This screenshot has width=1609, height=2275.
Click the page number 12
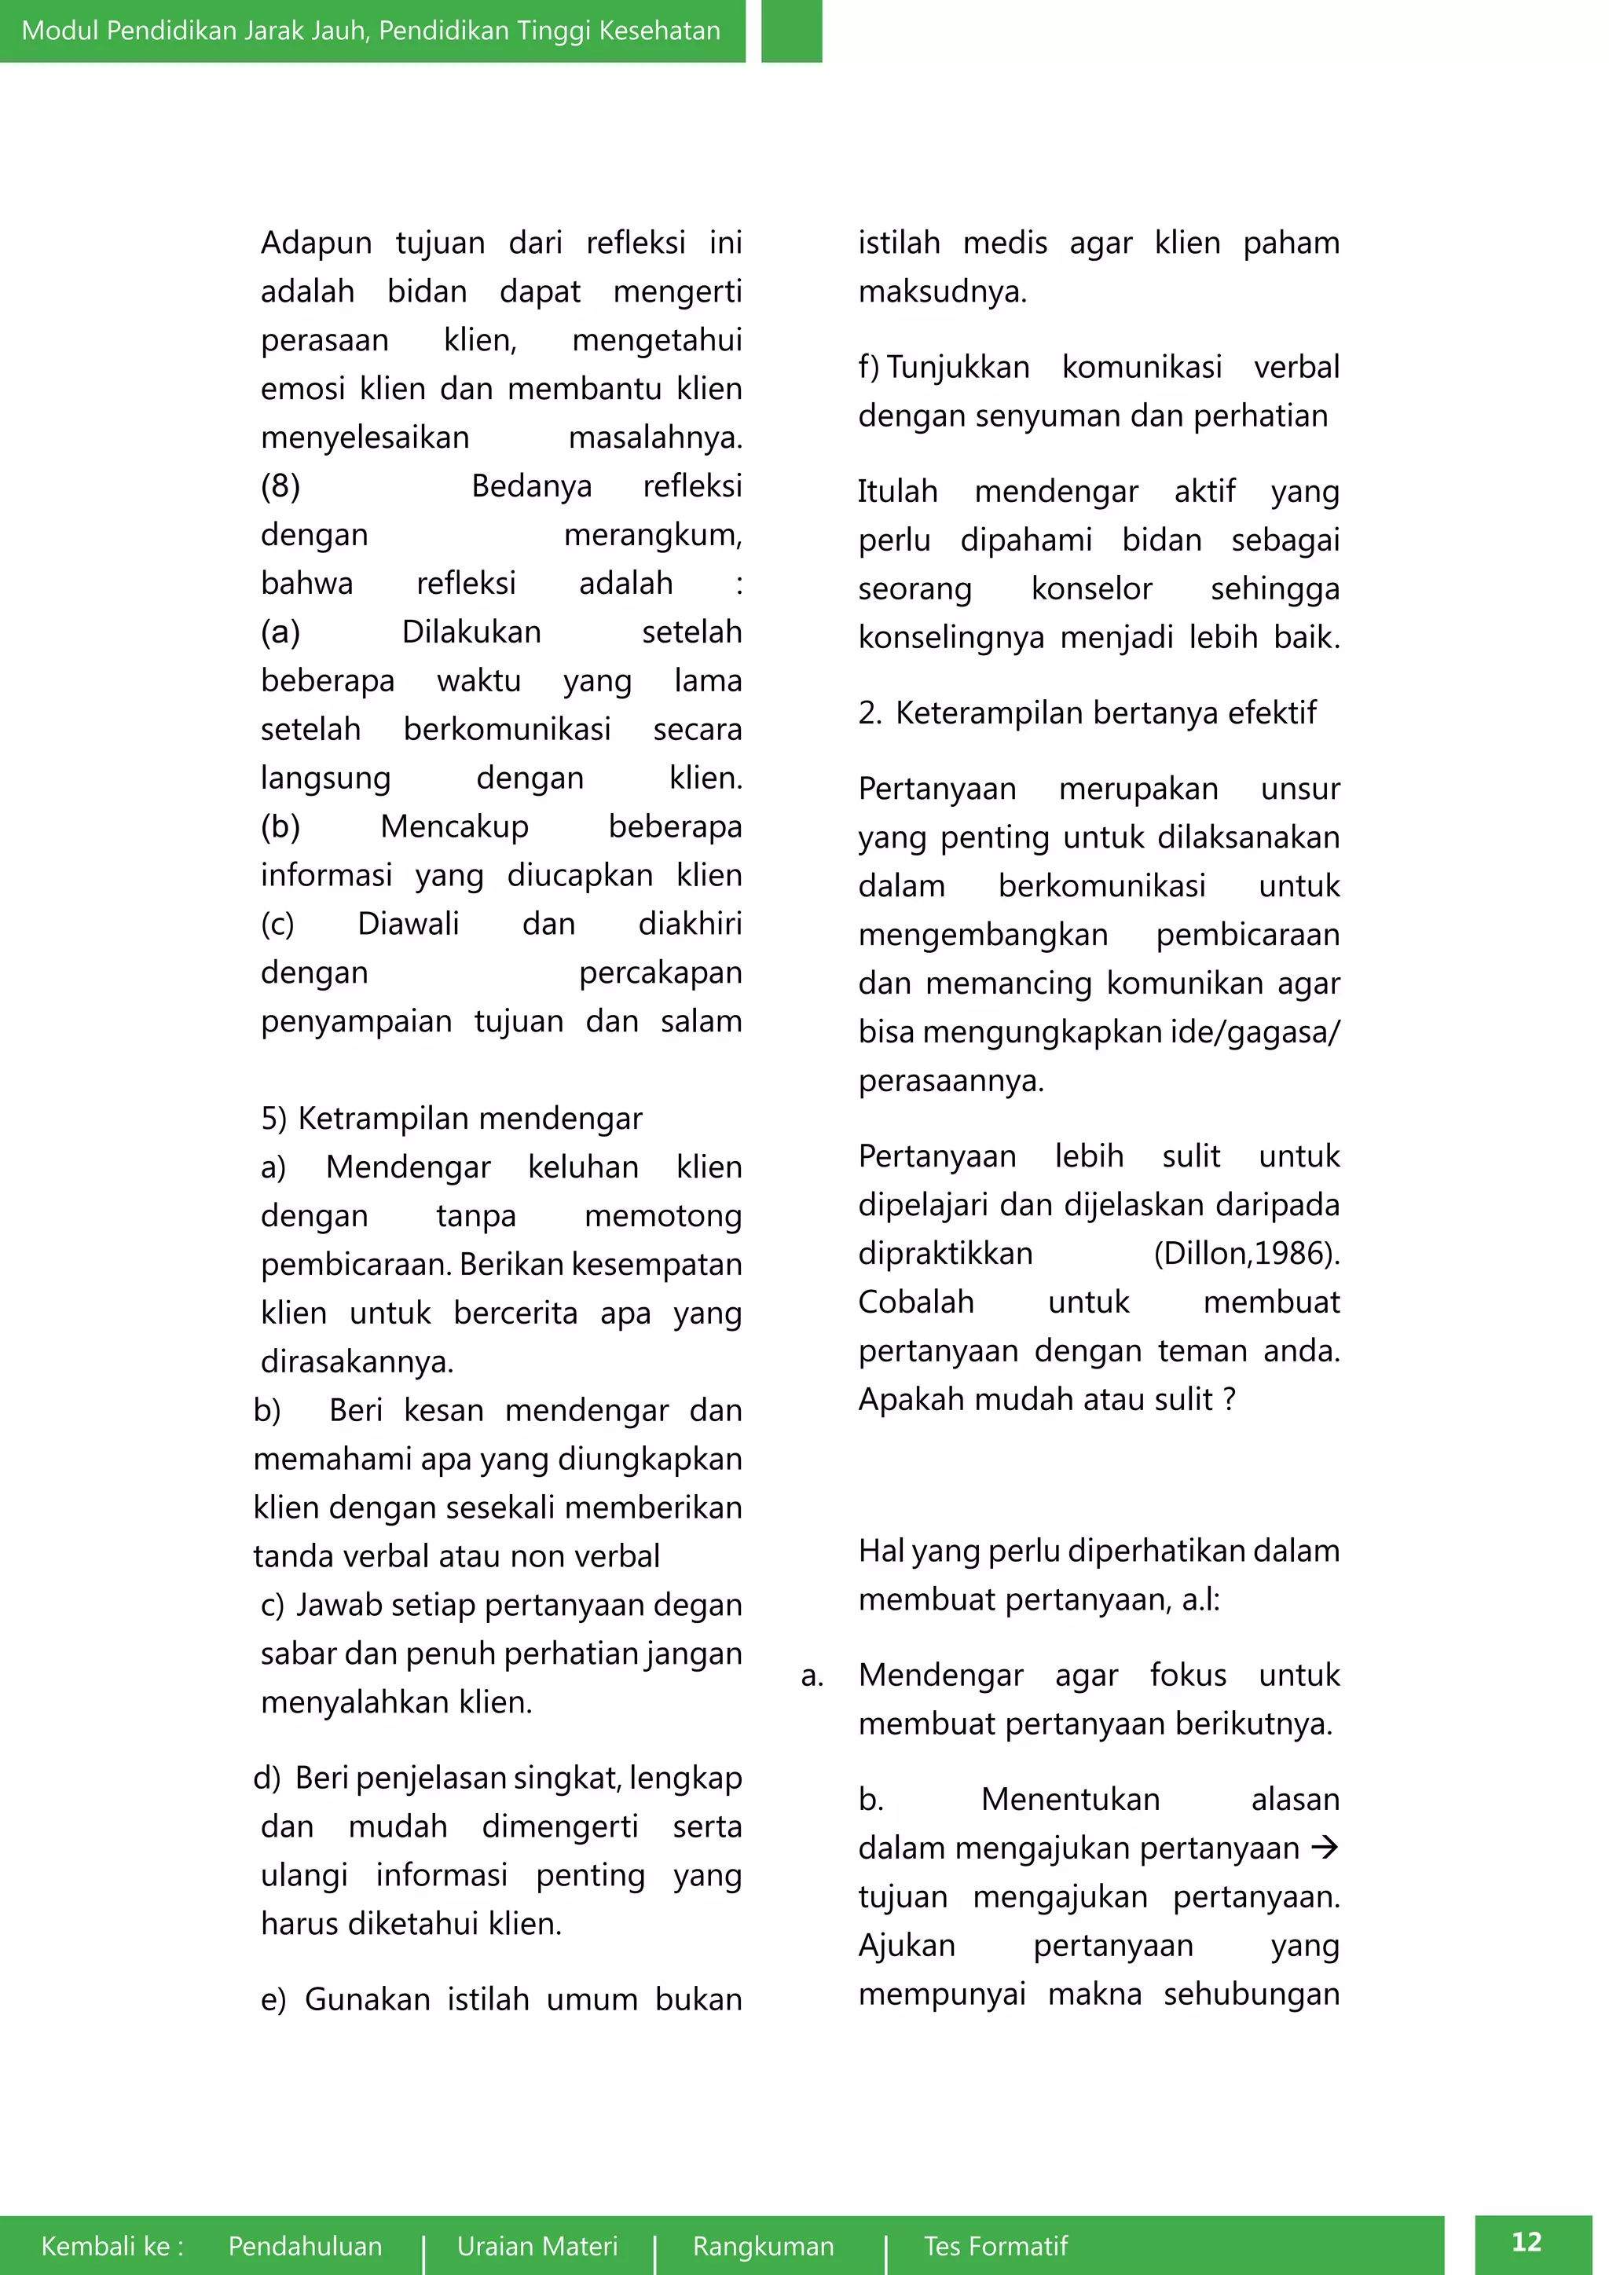point(1526,2241)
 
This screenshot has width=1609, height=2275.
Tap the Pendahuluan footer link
point(305,2245)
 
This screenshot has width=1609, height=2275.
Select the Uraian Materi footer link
point(537,2245)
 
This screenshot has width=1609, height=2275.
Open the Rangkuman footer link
point(763,2245)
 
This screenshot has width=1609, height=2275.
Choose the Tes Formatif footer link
point(995,2245)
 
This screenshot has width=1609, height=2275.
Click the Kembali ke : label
point(112,2245)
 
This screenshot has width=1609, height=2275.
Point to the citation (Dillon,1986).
point(1246,1254)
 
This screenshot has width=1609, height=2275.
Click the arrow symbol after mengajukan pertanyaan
point(1324,1847)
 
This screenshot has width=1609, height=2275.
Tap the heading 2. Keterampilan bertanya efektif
point(1087,713)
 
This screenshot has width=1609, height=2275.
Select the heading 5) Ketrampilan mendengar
point(452,1118)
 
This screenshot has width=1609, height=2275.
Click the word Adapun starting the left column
point(316,243)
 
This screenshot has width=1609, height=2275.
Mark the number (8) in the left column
point(280,485)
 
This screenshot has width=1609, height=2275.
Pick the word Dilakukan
point(471,631)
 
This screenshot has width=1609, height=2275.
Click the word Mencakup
point(455,826)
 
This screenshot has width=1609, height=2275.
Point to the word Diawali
point(409,922)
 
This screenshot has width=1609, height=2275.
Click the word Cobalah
point(917,1301)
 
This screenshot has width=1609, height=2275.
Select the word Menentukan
point(1070,1798)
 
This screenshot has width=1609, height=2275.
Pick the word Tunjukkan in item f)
point(958,367)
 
